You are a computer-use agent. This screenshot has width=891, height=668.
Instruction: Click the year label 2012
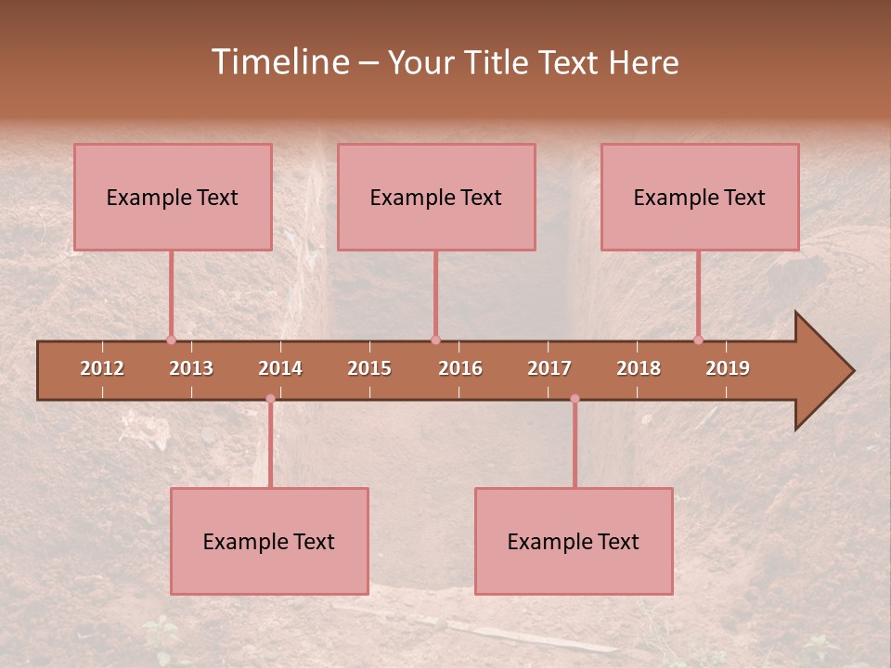point(102,368)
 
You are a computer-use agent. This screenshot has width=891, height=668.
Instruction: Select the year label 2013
point(191,368)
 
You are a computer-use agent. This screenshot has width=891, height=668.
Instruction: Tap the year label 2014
point(280,368)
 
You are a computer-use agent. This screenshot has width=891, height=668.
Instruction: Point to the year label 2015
point(369,368)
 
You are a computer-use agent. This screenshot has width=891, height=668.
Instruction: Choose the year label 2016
point(460,368)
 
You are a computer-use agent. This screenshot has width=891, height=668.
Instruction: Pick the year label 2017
point(549,368)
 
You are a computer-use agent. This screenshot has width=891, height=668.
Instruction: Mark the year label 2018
point(639,368)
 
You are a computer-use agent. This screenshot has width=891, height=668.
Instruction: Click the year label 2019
point(728,368)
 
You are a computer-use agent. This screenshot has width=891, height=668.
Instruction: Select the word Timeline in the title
point(278,62)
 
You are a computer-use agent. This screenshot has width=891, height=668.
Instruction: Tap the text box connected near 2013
point(173,197)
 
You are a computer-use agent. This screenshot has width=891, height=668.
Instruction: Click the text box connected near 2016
point(436,197)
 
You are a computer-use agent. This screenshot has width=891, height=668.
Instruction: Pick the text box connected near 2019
point(700,197)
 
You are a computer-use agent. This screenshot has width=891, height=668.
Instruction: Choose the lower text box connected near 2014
point(269,541)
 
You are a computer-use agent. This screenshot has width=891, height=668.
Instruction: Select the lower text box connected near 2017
point(574,541)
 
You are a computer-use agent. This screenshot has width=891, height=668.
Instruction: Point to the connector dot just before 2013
point(171,340)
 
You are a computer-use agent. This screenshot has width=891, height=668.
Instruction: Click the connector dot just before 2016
point(435,340)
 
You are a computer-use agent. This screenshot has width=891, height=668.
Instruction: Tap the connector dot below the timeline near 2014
point(270,399)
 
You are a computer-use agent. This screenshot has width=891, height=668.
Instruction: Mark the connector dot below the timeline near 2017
point(575,399)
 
